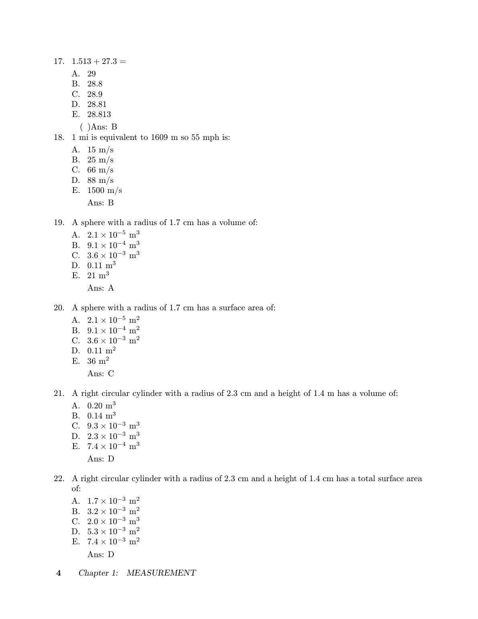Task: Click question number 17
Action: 59,61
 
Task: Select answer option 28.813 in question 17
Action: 99,115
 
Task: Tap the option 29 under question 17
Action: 92,74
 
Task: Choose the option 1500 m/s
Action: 104,191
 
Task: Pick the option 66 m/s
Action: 100,170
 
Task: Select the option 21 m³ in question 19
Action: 98,276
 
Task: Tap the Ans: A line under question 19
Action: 100,288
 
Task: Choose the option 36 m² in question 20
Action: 98,361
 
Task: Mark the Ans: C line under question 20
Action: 100,374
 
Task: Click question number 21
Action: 59,394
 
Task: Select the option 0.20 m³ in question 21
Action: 101,406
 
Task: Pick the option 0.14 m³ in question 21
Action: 101,416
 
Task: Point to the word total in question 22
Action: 368,479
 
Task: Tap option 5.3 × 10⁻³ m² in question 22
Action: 113,531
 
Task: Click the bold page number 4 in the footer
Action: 59,573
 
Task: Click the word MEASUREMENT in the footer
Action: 161,573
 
